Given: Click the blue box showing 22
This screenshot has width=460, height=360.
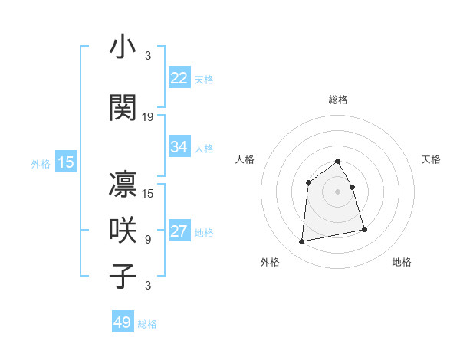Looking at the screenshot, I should point(179,78).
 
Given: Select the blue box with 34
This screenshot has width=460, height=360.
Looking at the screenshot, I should point(179,147).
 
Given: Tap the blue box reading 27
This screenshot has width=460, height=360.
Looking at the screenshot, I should point(179,232).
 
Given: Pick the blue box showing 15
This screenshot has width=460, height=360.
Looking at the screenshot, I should point(66,162).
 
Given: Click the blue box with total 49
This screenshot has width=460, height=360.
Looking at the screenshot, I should point(123,322).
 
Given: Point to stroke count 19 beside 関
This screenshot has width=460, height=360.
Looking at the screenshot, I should point(148,117).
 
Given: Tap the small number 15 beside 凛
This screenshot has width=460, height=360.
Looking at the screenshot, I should point(148,194).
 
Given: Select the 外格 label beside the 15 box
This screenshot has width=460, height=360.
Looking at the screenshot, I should point(41,163).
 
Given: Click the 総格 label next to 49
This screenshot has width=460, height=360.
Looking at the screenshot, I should point(147,324).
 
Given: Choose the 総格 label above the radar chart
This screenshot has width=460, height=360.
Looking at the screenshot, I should point(338,100).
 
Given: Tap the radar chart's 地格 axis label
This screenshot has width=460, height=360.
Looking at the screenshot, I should point(402,262).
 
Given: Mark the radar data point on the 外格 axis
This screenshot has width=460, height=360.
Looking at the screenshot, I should point(302,242).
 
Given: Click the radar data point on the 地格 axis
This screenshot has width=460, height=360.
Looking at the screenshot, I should point(364,229).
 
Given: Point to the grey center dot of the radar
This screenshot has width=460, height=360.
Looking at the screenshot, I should point(338,191).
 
